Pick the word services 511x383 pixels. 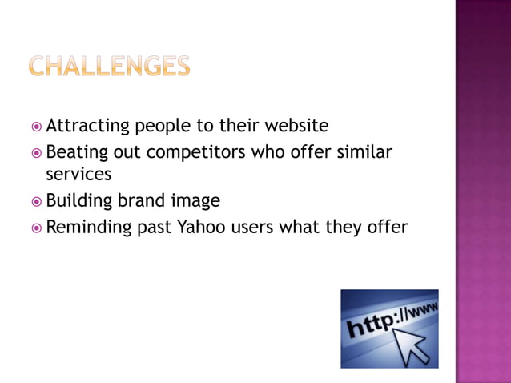[x=78, y=174]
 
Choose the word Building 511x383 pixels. [x=78, y=200]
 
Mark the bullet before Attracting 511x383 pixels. [x=37, y=127]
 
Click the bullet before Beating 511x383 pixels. [x=37, y=152]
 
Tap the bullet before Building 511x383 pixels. [x=37, y=201]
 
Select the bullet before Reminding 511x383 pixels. [x=37, y=228]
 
